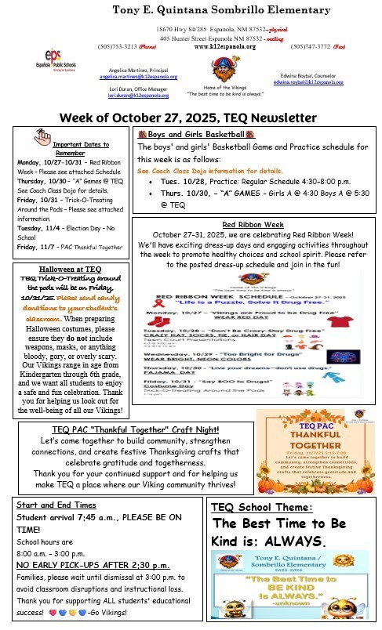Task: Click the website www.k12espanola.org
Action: pos(224,46)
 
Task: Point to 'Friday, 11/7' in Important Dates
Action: pos(35,246)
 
